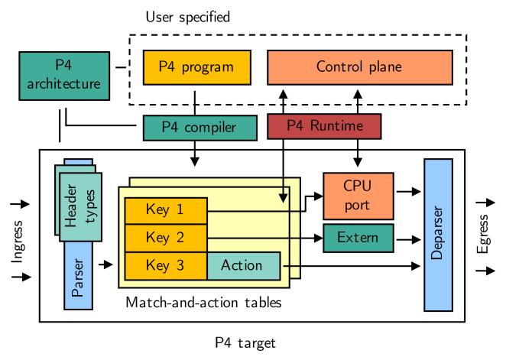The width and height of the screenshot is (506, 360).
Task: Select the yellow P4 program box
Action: pos(196,67)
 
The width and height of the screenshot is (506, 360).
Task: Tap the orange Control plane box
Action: pos(358,67)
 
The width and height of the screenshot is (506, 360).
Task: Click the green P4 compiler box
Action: pos(199,128)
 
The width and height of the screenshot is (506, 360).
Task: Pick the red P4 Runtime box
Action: pos(324,127)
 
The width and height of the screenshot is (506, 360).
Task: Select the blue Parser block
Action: pos(78,280)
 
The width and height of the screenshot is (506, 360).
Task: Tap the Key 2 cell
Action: pos(165,238)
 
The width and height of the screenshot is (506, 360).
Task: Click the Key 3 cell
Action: pos(165,265)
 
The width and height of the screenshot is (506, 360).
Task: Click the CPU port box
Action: pos(357,196)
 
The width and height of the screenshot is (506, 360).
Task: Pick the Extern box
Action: pos(358,238)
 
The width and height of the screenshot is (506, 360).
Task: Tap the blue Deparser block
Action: pos(438,235)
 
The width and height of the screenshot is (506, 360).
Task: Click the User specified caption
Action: pos(187,16)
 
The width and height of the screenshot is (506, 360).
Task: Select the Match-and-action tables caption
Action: pos(203,303)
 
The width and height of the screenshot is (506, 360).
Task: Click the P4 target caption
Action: pos(245,342)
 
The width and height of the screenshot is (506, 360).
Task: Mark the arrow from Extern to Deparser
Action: pos(407,238)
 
